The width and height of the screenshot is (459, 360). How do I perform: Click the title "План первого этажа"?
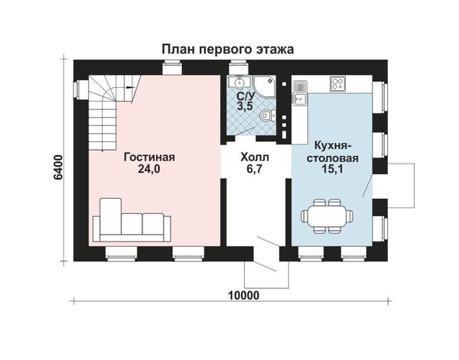pos(228,49)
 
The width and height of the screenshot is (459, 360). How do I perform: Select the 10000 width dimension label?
pos(243,295)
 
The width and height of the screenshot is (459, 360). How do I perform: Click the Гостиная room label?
pos(149,157)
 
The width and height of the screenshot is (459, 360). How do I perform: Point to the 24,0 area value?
pos(149,169)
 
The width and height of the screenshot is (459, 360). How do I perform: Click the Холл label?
pos(255,157)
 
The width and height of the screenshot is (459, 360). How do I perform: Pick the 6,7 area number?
pos(254,169)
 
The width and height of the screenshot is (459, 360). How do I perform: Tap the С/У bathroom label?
pos(246,95)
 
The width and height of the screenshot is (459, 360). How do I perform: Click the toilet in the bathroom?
pos(267,115)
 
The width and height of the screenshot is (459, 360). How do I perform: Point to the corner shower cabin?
pos(265,87)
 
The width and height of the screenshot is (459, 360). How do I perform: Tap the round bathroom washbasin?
pos(239,82)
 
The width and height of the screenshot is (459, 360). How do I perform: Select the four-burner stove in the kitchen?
pos(338,83)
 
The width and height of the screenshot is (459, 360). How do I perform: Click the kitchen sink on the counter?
pos(299,99)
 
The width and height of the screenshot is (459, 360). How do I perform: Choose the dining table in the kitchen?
pos(327,216)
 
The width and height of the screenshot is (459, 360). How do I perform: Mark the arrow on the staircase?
pos(129,87)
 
